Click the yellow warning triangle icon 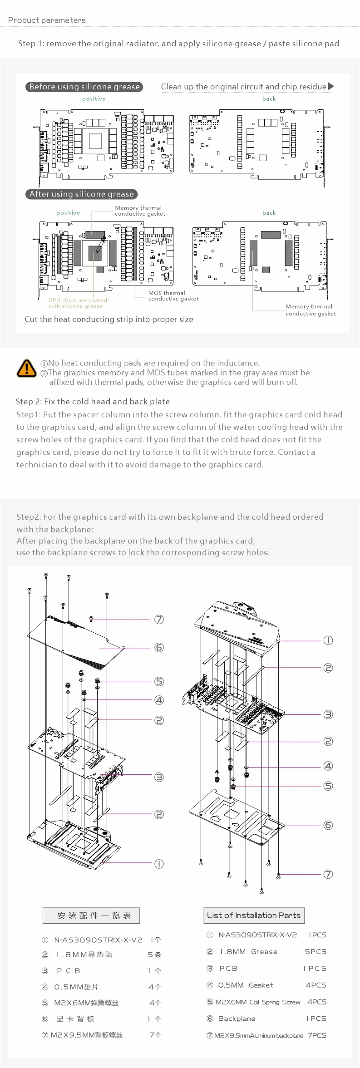tap(27, 368)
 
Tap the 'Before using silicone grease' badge tap(84, 87)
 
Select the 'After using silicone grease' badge tap(81, 194)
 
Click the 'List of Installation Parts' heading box tap(254, 915)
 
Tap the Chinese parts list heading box tap(91, 915)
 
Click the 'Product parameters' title tap(47, 20)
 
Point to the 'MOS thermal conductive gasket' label tap(173, 296)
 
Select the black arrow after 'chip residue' tap(331, 86)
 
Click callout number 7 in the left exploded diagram tap(159, 620)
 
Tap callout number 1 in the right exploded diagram tap(328, 640)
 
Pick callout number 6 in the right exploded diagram tap(328, 825)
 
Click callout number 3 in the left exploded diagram tap(159, 777)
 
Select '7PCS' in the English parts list tap(317, 1035)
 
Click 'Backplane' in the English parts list tap(237, 1019)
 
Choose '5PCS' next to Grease tap(316, 951)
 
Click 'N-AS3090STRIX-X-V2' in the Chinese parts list tap(98, 940)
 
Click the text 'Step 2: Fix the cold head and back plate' tap(93, 401)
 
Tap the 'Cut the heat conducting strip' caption tap(109, 319)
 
